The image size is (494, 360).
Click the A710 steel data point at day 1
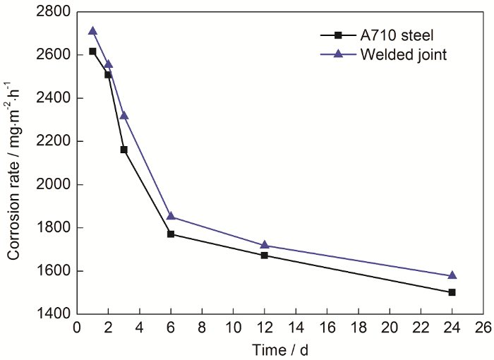point(92,52)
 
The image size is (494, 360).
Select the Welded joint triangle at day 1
point(92,31)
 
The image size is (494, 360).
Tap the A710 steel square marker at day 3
point(123,150)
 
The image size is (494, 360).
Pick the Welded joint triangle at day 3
point(123,115)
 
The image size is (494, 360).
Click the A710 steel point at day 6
point(171,234)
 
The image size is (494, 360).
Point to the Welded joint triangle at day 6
point(171,216)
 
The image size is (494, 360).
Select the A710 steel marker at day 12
point(264,255)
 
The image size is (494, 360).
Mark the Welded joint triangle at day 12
point(264,245)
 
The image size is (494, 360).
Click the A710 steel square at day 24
point(452,292)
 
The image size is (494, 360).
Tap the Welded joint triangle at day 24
point(452,275)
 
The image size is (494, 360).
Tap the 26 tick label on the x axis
point(483,328)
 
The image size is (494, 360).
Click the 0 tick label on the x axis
point(77,328)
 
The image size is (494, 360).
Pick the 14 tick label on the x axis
point(295,328)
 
